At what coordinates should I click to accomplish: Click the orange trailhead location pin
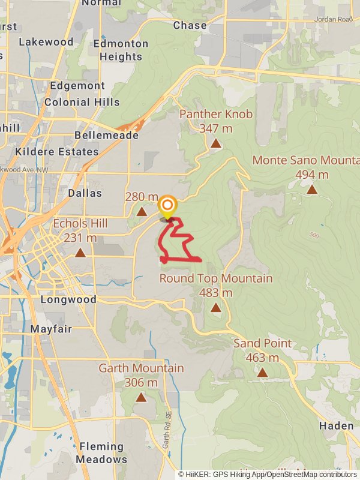tap(167, 207)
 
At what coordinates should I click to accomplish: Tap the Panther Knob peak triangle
tap(215, 143)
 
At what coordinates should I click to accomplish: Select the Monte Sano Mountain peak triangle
tap(312, 190)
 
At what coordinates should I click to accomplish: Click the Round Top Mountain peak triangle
tap(215, 308)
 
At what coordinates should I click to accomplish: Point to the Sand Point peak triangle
tap(262, 373)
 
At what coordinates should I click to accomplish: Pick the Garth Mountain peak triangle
tap(141, 397)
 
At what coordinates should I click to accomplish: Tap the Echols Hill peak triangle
tap(80, 253)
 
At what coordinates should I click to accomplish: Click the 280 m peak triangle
tap(142, 211)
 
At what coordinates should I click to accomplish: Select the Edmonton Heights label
tap(112, 50)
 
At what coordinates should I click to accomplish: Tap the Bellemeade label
tap(106, 136)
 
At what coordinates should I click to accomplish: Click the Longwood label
tap(68, 299)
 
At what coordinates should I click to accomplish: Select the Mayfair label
tap(51, 329)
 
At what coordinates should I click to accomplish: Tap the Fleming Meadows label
tap(101, 453)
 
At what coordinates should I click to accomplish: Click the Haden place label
tap(336, 425)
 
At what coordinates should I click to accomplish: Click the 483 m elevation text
tap(215, 293)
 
